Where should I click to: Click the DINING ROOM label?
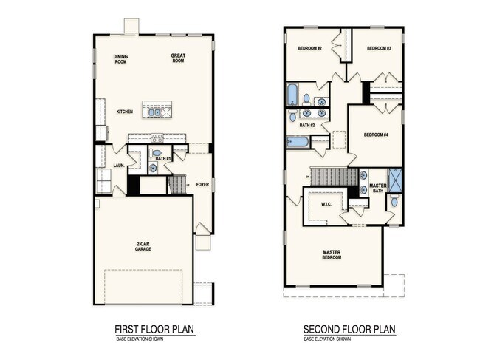[x=121, y=59]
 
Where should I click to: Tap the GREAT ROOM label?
[x=178, y=58]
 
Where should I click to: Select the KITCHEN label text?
[x=124, y=112]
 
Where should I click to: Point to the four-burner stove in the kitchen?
[x=157, y=137]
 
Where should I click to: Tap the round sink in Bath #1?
[x=153, y=168]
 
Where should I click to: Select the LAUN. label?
[x=117, y=166]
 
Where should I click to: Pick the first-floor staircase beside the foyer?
[x=177, y=185]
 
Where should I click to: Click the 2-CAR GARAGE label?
[x=143, y=248]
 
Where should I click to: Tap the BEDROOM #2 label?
[x=309, y=48]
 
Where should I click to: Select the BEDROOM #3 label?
[x=378, y=48]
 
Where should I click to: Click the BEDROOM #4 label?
[x=375, y=135]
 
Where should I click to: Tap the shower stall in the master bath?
[x=395, y=180]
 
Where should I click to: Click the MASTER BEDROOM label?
[x=332, y=255]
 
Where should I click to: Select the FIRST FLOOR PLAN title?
[x=155, y=329]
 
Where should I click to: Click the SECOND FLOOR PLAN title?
[x=349, y=329]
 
